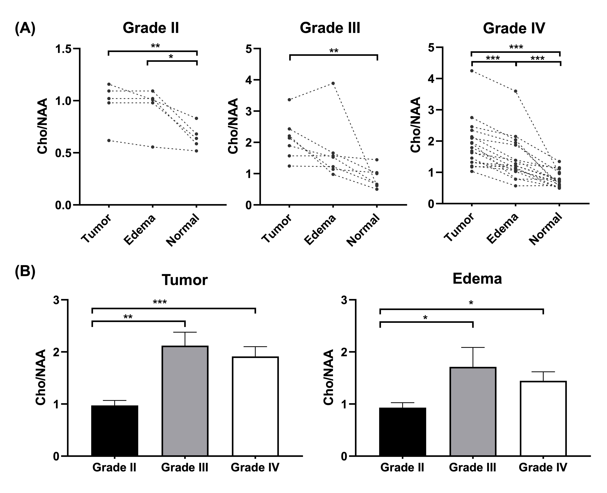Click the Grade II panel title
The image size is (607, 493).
click(x=151, y=28)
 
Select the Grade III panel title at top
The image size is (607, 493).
click(x=330, y=28)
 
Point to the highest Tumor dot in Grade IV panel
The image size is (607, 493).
click(x=472, y=71)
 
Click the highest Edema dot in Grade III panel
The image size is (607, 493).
click(x=333, y=83)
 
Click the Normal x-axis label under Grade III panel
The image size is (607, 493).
click(x=363, y=230)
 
